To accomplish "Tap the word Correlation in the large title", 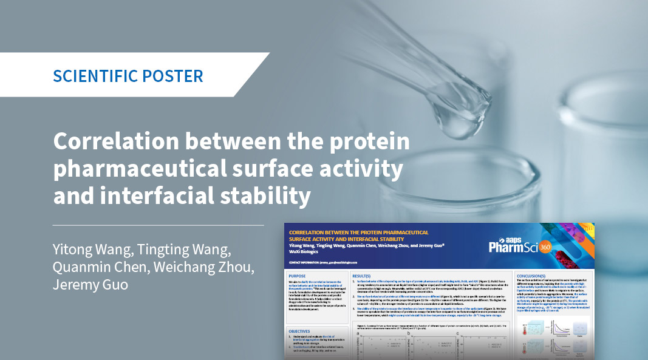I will click(x=114, y=143).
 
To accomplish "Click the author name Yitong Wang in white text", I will click(x=89, y=251).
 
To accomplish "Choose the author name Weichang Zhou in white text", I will click(x=192, y=268).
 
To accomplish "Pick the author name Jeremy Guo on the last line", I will click(x=90, y=284).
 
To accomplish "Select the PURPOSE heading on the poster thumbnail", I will click(x=298, y=276).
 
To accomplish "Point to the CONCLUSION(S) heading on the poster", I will click(x=536, y=276).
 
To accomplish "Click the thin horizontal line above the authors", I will click(x=158, y=225).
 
